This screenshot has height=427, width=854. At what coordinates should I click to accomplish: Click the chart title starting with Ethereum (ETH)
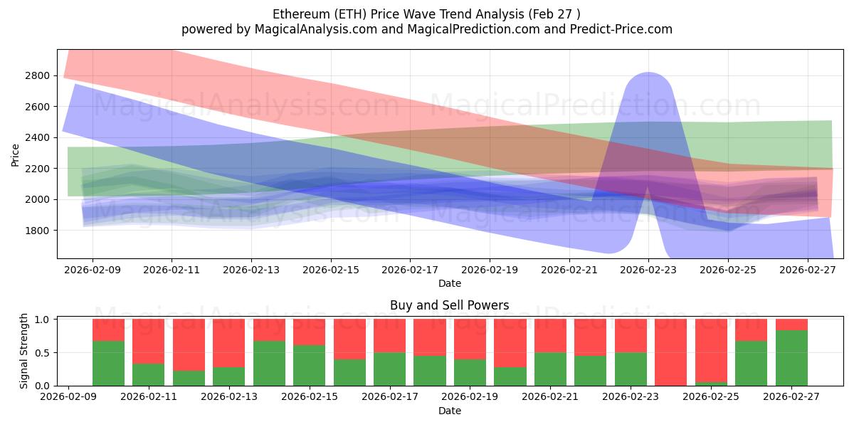point(426,14)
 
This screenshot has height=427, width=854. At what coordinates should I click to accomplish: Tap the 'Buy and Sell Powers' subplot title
point(449,305)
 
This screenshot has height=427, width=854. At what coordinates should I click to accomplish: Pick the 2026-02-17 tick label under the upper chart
point(410,270)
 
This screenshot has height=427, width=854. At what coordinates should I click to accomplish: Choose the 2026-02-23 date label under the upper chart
point(648,270)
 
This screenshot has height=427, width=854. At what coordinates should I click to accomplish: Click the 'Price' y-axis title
point(16,154)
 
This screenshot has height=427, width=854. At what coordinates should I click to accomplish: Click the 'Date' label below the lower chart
point(449,411)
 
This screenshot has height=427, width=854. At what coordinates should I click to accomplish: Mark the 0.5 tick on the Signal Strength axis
point(41,352)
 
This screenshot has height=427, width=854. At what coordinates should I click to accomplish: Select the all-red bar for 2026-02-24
point(670,352)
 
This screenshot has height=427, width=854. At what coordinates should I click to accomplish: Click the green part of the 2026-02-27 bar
point(791,358)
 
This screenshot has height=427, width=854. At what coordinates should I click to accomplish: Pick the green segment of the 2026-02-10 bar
point(108,363)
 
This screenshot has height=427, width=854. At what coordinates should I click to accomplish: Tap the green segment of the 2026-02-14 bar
point(269,363)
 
